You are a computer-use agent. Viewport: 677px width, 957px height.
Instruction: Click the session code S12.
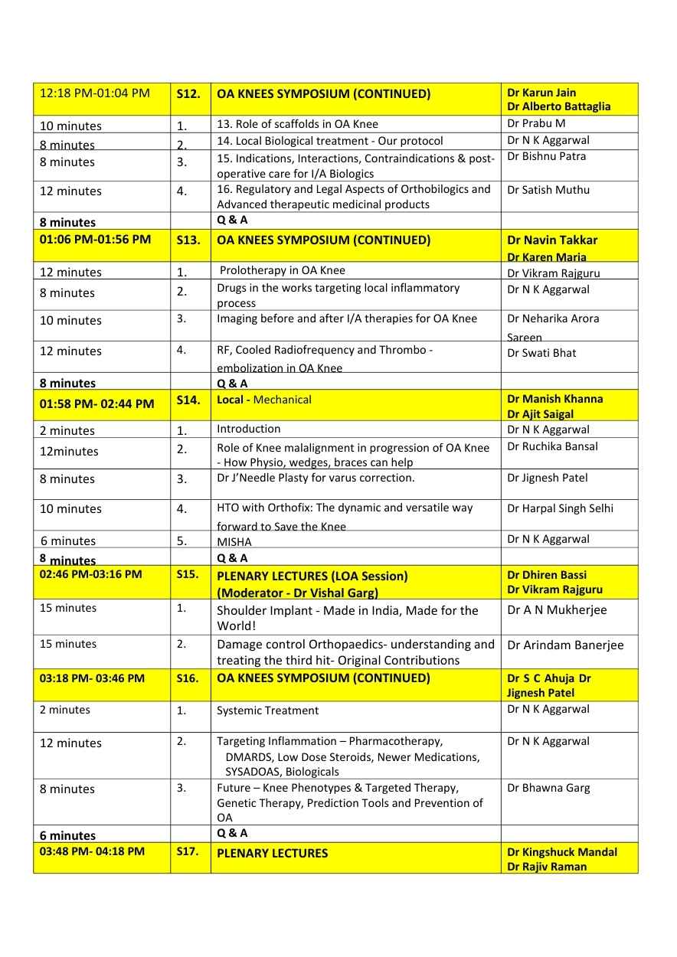188,94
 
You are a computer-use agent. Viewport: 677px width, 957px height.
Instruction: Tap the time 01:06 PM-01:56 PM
95,240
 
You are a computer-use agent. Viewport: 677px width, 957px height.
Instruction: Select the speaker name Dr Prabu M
536,123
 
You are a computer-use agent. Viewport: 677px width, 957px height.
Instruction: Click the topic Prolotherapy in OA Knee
282,270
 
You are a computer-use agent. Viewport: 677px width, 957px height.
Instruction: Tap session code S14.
188,400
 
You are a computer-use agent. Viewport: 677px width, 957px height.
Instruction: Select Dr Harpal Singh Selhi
560,508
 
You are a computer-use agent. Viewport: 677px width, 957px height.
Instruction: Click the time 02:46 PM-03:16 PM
90,574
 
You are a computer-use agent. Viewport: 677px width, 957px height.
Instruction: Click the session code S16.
188,678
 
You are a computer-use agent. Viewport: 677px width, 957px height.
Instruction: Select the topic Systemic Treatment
267,710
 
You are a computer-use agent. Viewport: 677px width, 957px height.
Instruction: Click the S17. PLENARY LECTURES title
273,853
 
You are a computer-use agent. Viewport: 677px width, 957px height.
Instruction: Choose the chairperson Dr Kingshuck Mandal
562,852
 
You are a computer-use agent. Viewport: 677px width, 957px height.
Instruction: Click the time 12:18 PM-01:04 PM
95,93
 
